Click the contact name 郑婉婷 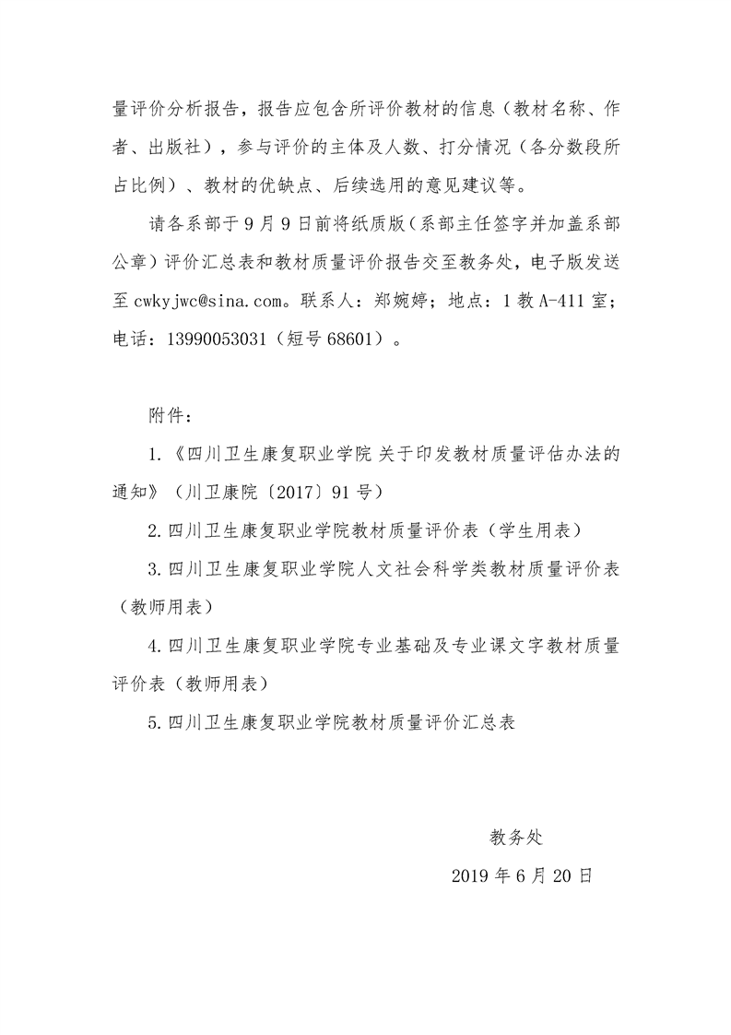click(406, 300)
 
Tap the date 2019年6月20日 click(522, 876)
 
